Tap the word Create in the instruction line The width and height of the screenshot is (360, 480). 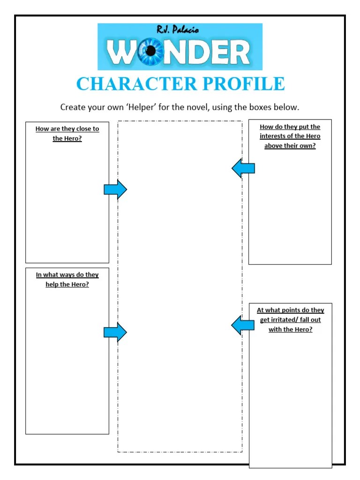72,107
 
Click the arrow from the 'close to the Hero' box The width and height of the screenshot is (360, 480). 115,189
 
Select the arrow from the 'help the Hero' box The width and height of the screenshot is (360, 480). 115,332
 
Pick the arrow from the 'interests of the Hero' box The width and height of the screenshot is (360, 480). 243,168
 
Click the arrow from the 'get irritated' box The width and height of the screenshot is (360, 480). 243,325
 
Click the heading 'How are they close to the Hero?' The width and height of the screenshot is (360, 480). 67,134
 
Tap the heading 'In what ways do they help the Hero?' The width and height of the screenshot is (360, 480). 67,280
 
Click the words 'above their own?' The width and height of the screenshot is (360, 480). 290,146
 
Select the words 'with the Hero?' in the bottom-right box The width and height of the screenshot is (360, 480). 290,330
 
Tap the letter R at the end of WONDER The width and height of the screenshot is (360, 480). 239,53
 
